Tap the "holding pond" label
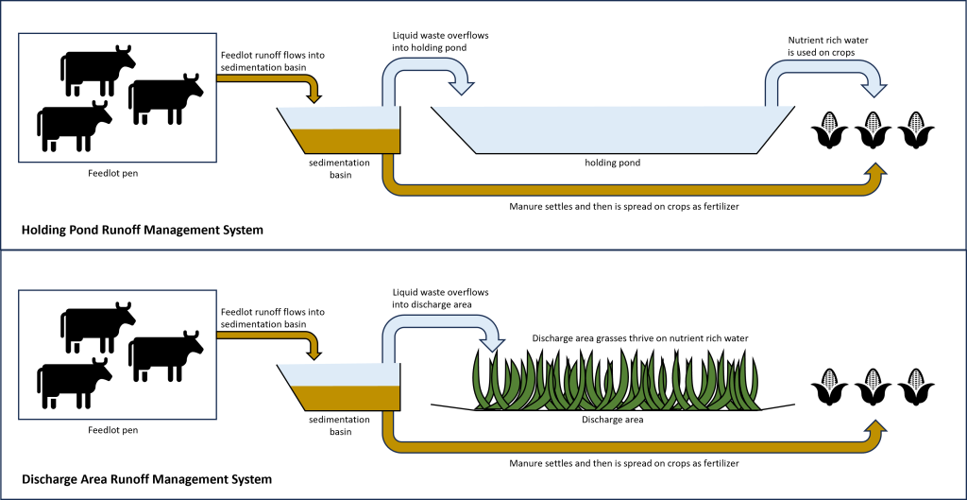(612, 163)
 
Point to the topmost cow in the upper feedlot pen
(97, 67)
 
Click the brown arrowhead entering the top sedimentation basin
(314, 95)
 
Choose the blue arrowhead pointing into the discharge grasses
(491, 344)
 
